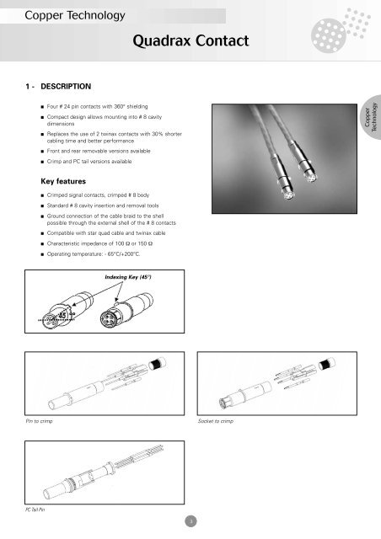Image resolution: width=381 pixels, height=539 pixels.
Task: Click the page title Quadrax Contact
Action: point(190,40)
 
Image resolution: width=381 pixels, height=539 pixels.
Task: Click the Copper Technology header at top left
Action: point(75,15)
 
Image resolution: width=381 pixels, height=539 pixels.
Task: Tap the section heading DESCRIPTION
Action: point(66,86)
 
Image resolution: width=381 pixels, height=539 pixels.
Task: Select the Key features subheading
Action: point(63,181)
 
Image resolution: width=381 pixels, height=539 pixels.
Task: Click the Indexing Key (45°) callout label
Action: point(128,277)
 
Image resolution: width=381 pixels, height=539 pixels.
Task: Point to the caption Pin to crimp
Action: point(39,421)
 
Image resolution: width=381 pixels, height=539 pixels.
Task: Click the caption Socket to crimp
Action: point(216,421)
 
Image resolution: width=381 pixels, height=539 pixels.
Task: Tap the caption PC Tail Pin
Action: point(35,510)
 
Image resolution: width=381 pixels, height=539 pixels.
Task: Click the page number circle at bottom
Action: point(190,521)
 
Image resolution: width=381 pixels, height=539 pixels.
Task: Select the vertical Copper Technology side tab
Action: point(371,117)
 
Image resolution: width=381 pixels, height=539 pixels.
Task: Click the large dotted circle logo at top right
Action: point(329,35)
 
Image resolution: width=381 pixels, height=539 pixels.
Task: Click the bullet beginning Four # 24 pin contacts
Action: point(97,107)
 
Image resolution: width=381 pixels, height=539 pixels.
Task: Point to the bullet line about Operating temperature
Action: point(94,254)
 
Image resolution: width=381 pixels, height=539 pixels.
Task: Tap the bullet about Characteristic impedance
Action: point(99,243)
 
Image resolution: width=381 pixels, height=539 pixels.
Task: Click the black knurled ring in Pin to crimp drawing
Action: point(156,364)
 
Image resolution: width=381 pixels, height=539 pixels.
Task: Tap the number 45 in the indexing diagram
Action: point(62,315)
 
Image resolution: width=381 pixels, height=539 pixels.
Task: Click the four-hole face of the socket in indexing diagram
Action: point(109,318)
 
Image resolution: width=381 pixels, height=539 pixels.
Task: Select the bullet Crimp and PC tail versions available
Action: point(89,161)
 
